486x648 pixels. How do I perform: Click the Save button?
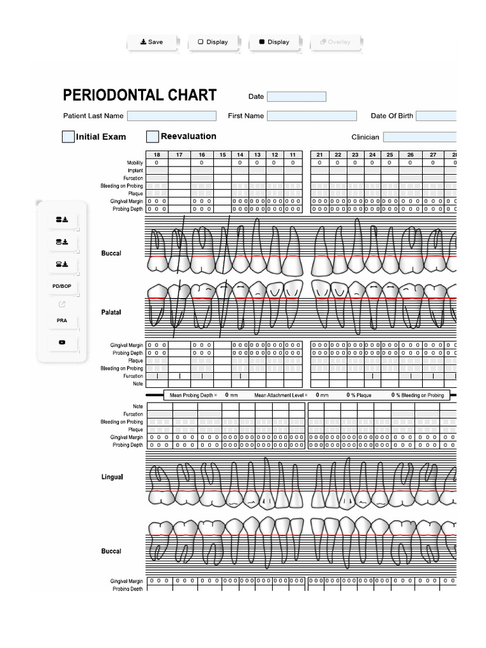152,42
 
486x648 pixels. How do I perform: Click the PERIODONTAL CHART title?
140,96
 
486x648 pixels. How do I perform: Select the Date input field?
296,97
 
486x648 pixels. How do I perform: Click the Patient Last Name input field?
171,116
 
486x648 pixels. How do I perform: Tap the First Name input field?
311,116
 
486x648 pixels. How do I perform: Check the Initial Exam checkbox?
68,137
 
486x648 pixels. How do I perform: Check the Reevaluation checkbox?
153,137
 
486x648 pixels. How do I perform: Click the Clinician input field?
419,137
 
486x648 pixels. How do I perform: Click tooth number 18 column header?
156,155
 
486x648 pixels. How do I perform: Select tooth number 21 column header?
320,155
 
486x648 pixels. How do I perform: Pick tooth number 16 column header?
202,155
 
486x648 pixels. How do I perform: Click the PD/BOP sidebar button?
62,287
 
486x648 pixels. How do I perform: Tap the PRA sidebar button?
62,321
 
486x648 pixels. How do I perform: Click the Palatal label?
111,313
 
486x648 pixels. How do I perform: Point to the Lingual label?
112,477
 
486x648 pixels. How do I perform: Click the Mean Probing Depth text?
193,395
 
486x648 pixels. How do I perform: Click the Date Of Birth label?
391,116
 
